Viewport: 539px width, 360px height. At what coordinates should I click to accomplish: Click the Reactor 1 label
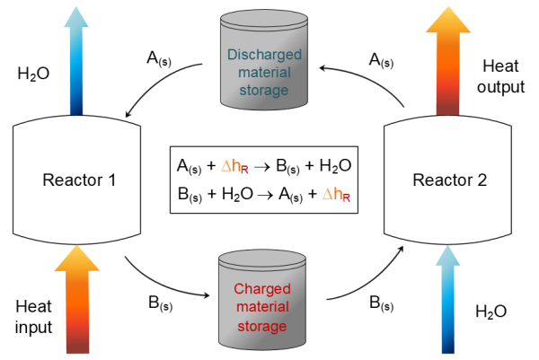tap(80, 180)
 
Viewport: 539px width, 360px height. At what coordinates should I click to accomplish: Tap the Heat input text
tap(35, 314)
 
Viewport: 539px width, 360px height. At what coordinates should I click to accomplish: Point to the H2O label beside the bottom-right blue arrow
tap(491, 312)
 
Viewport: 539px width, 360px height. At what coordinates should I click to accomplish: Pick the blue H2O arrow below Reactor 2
tap(450, 300)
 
